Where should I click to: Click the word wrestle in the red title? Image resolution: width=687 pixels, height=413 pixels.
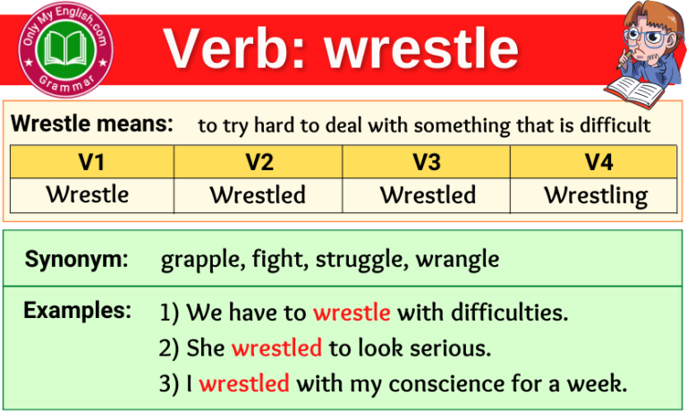[x=421, y=47]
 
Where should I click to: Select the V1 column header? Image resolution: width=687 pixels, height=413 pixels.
[x=91, y=162]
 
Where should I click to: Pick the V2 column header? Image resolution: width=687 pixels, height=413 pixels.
[x=258, y=162]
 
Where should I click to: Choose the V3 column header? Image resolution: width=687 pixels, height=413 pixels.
[x=426, y=162]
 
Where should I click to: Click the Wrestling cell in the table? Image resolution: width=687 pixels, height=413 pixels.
[x=596, y=194]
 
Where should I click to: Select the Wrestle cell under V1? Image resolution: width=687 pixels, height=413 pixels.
[x=88, y=194]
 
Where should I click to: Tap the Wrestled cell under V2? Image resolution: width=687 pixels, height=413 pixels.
[x=258, y=194]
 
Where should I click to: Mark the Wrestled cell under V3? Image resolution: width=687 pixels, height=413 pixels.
[x=426, y=194]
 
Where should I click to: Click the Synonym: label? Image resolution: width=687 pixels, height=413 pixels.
[x=76, y=260]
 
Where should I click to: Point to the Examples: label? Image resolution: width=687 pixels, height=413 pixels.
[x=78, y=311]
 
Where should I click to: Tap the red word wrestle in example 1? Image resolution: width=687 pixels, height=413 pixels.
[x=352, y=313]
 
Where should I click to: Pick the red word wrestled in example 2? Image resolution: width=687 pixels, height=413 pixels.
[x=276, y=348]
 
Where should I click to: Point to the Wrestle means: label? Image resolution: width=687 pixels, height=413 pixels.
[x=91, y=125]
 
